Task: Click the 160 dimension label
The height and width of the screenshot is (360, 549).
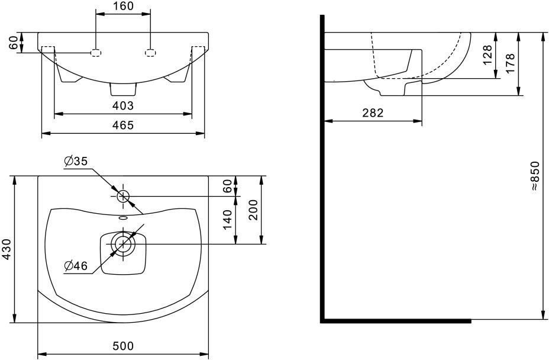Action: (x=123, y=6)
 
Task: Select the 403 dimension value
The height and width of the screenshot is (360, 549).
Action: (x=123, y=105)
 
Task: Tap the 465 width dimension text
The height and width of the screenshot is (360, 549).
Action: (x=123, y=125)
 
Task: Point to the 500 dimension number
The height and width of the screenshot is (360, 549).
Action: (x=123, y=346)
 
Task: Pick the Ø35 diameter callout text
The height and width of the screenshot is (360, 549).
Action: (x=76, y=161)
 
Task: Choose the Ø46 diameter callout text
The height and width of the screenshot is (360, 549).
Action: (x=76, y=266)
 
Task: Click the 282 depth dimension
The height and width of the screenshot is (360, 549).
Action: (x=373, y=112)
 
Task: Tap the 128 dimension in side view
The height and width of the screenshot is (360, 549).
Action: (x=487, y=55)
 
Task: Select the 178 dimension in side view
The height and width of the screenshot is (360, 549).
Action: (x=510, y=63)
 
